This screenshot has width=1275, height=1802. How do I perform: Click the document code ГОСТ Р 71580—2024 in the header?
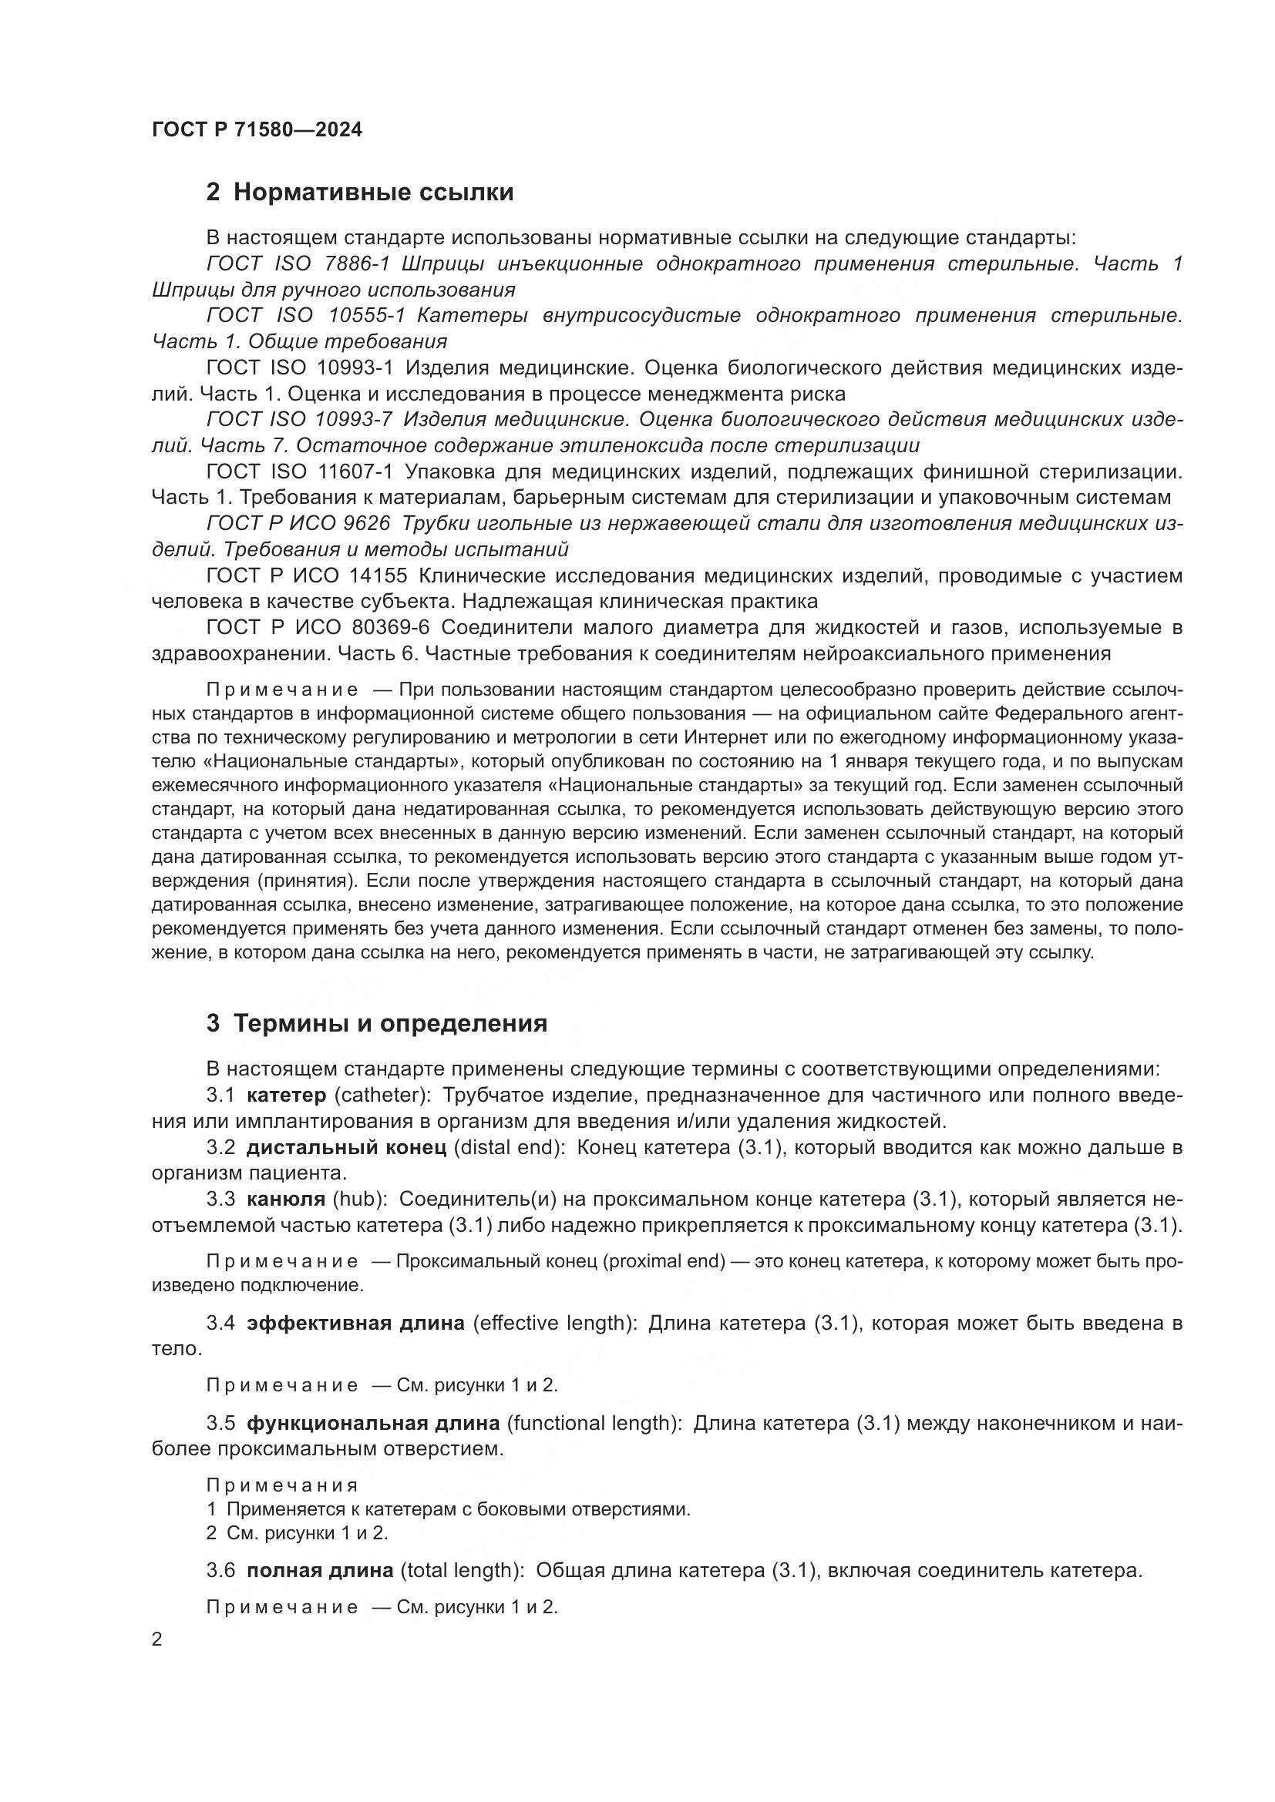click(x=257, y=129)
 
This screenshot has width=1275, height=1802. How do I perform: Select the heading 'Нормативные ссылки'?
click(x=373, y=192)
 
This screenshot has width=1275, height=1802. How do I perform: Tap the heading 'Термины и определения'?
click(x=389, y=1023)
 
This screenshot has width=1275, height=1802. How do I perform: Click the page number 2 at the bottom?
click(x=157, y=1639)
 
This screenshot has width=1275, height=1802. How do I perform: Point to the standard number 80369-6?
click(x=386, y=628)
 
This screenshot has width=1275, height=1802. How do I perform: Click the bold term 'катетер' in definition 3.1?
click(x=286, y=1096)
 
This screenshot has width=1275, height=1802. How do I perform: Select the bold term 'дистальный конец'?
click(x=346, y=1148)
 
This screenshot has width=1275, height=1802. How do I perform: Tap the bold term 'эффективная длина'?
click(x=355, y=1324)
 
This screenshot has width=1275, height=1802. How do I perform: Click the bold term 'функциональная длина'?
click(x=373, y=1423)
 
